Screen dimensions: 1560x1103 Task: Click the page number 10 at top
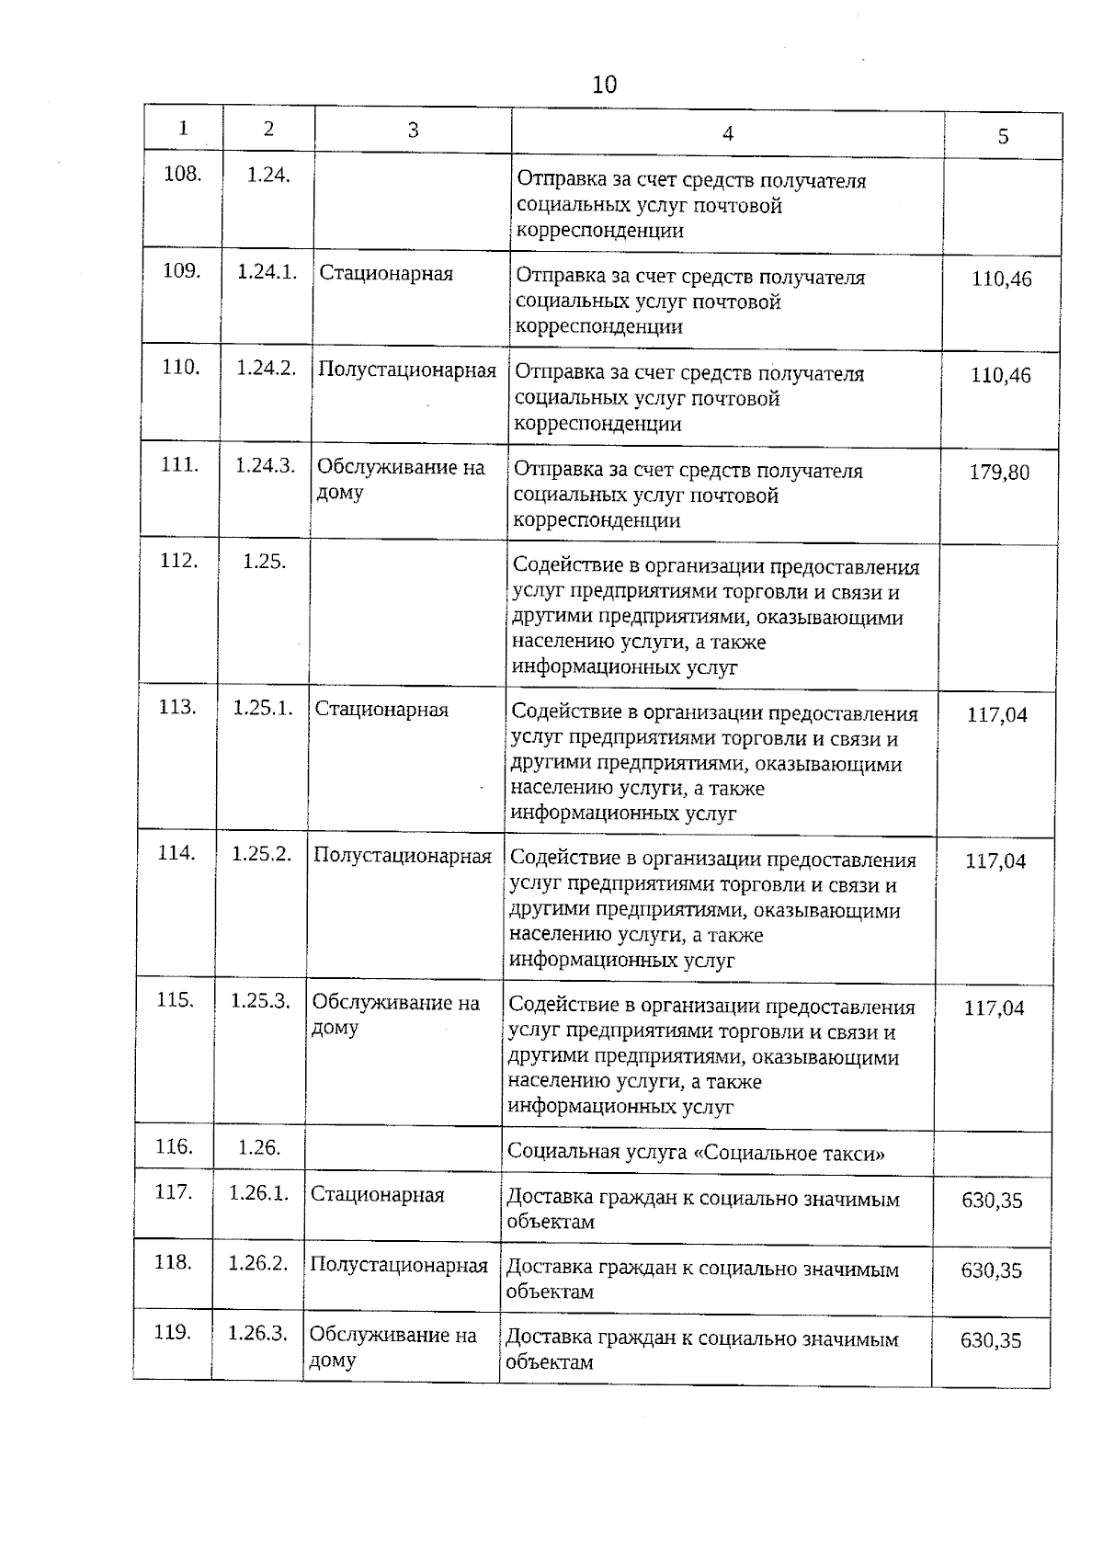604,85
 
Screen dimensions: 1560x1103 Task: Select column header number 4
727,133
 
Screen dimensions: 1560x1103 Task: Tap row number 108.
182,174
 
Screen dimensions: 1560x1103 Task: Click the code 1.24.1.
267,272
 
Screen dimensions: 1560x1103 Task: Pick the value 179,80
999,473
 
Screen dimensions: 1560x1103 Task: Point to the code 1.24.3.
265,465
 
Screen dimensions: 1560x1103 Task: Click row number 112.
178,560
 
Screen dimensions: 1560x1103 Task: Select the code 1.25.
264,561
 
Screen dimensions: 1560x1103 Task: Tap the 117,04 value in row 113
996,714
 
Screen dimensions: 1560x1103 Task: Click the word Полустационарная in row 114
403,856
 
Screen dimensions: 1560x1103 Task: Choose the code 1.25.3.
260,1000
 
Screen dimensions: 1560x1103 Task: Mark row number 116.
174,1146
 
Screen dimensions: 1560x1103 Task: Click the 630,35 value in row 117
992,1201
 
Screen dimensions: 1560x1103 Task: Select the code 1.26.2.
258,1263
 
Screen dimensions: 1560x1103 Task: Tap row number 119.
172,1332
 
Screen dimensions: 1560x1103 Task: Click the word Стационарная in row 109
386,274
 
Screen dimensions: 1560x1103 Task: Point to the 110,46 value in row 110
1001,375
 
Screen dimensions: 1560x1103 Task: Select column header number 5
1003,137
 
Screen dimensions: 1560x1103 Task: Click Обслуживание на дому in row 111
400,478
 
